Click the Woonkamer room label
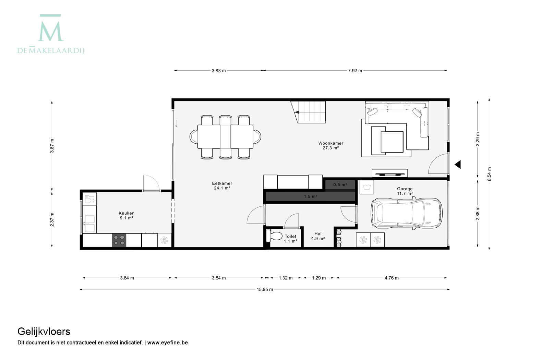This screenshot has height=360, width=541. [x=330, y=143]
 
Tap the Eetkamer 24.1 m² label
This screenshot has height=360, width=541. [x=222, y=185]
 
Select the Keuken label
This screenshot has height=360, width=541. [x=127, y=213]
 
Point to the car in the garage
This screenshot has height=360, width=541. [x=407, y=213]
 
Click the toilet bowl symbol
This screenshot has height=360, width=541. [x=274, y=236]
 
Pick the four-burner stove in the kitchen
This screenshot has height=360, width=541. [x=119, y=240]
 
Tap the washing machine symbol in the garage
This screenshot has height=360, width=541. [x=366, y=187]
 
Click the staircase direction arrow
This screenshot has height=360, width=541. [x=297, y=112]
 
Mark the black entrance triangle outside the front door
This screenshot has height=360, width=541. [x=458, y=165]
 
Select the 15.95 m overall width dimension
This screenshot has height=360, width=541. [x=265, y=289]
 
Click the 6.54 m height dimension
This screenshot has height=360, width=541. [x=489, y=174]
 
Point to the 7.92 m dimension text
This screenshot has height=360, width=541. [x=355, y=71]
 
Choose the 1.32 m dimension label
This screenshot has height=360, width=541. [x=286, y=278]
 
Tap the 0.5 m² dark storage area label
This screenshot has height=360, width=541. [x=340, y=184]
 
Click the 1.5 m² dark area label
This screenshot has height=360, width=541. [x=310, y=196]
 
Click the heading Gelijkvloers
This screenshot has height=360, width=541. [x=44, y=332]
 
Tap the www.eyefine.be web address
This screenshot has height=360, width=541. [x=167, y=343]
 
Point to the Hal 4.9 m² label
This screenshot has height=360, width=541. [x=318, y=236]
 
